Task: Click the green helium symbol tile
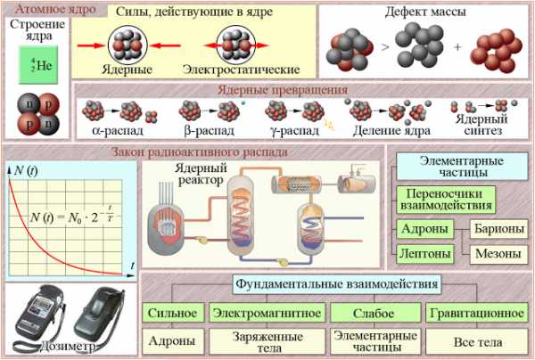point(38,65)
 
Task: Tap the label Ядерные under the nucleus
point(128,70)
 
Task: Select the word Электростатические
point(242,70)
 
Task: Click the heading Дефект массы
point(425,12)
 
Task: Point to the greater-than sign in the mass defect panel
point(385,46)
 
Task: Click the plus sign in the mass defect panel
point(457,46)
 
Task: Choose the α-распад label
point(118,131)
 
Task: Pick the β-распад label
point(209,131)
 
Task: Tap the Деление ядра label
point(391,131)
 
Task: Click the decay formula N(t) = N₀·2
point(71,216)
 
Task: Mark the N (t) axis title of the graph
point(26,170)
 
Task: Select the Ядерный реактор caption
point(201,174)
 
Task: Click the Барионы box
point(499,229)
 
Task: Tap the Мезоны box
point(498,254)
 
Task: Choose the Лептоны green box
point(425,254)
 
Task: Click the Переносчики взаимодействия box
point(446,200)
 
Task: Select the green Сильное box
point(173,313)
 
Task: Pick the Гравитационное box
point(477,313)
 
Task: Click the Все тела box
point(477,341)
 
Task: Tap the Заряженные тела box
point(267,341)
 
